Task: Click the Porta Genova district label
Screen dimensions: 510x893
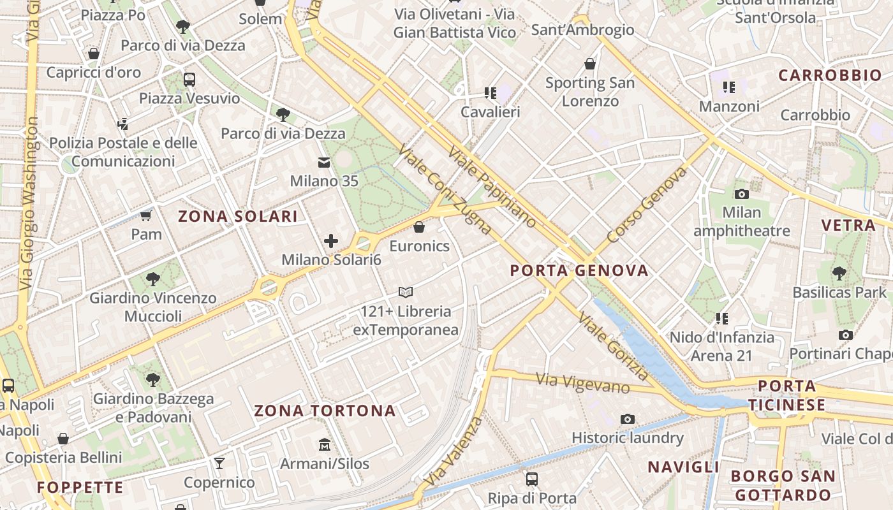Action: (579, 270)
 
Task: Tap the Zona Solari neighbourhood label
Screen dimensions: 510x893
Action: (238, 216)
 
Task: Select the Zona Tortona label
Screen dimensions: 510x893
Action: (325, 411)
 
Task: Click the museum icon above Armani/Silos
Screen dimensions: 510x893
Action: (324, 444)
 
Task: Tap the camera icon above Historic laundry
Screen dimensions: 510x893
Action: (628, 419)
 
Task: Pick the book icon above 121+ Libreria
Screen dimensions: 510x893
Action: (406, 293)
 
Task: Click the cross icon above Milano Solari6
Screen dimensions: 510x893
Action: (331, 241)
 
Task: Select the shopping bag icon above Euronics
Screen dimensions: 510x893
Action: (419, 227)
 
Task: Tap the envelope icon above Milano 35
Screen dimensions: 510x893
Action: (324, 163)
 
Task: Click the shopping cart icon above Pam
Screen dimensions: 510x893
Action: (146, 215)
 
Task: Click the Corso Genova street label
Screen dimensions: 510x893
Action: (647, 205)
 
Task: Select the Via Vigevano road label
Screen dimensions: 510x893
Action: (582, 383)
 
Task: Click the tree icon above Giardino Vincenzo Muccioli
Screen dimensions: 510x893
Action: (153, 279)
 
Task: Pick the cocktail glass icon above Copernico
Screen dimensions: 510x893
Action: (219, 463)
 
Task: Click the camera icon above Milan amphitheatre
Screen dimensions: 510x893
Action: (741, 194)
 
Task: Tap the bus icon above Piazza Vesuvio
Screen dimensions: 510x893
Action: (189, 80)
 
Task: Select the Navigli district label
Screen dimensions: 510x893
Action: (683, 467)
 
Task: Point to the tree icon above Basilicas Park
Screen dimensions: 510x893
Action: (839, 273)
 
